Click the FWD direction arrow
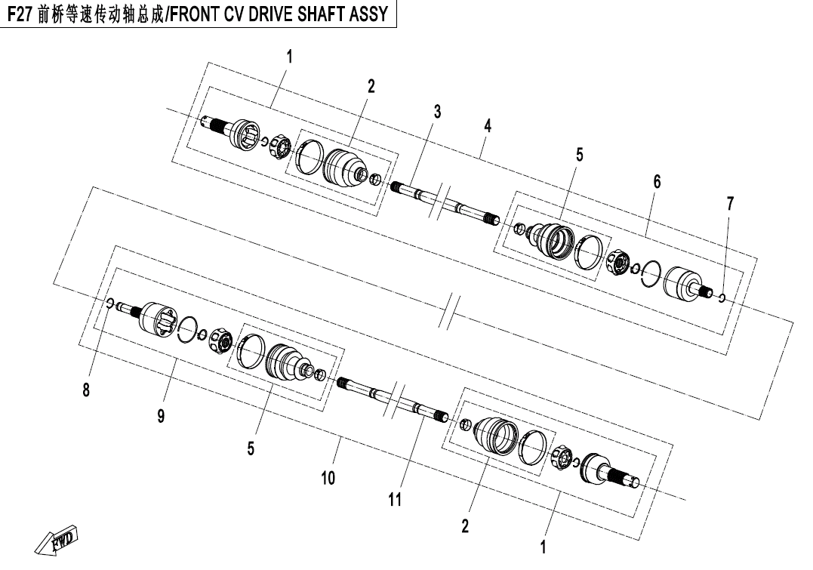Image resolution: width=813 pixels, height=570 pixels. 56,541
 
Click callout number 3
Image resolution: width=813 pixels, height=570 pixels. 437,111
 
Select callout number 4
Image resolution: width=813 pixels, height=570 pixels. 488,125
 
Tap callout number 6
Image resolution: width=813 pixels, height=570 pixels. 657,181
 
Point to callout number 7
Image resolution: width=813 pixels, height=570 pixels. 730,204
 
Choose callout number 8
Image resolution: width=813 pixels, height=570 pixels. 86,390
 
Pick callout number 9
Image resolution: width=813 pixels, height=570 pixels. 162,415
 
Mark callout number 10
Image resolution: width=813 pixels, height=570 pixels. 328,478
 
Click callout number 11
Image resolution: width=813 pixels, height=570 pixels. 395,500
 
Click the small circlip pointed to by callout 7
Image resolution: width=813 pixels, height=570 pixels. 722,297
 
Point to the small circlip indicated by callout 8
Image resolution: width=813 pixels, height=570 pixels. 110,303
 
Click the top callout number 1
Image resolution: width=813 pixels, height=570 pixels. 289,57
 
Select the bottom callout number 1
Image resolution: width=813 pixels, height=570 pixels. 543,547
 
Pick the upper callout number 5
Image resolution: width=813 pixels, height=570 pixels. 579,155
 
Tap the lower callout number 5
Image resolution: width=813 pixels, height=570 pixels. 251,448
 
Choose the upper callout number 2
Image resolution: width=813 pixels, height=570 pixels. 371,86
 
